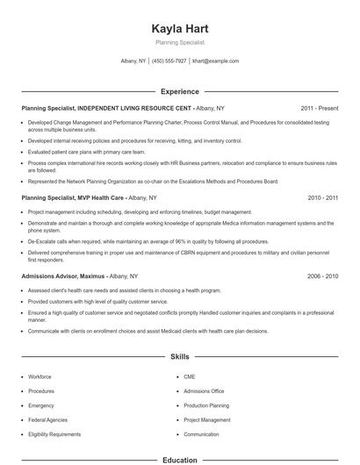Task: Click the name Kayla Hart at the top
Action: pyautogui.click(x=179, y=29)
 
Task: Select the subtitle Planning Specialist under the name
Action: pyautogui.click(x=179, y=42)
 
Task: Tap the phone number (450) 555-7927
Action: pyautogui.click(x=169, y=61)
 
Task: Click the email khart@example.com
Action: pyautogui.click(x=215, y=61)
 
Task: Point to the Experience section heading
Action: pyautogui.click(x=179, y=91)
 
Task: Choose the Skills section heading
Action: pyautogui.click(x=179, y=357)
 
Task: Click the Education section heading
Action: pyautogui.click(x=179, y=460)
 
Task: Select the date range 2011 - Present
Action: pyautogui.click(x=320, y=108)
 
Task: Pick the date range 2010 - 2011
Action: pyautogui.click(x=322, y=198)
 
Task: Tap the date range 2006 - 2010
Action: pyautogui.click(x=322, y=275)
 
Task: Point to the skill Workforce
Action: pyautogui.click(x=40, y=376)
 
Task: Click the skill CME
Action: pyautogui.click(x=190, y=376)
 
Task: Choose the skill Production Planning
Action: pyautogui.click(x=206, y=405)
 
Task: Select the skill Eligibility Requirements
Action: pyautogui.click(x=54, y=434)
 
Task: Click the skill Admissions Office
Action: pyautogui.click(x=204, y=390)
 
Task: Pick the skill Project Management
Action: pyautogui.click(x=207, y=419)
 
